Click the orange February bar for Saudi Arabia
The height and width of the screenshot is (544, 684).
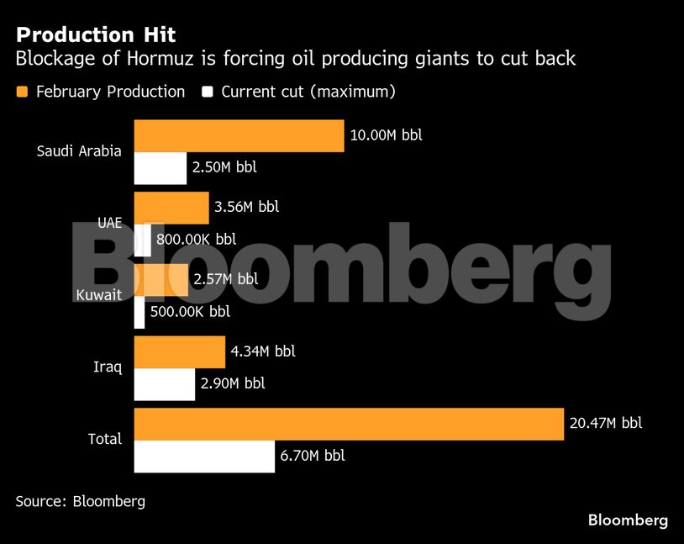[239, 135]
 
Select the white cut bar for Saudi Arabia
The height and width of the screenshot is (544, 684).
[160, 167]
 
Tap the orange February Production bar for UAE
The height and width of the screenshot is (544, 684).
[171, 208]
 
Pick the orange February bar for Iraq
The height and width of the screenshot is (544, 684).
[179, 351]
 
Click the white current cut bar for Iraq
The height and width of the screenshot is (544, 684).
[164, 384]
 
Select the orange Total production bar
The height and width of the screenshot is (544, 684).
[349, 424]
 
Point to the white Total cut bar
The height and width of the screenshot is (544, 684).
[204, 457]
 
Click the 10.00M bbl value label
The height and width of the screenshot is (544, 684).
[386, 135]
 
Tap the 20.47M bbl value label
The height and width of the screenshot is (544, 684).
[605, 423]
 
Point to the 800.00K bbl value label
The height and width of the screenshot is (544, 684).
[197, 239]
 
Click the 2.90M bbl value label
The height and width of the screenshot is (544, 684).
[233, 383]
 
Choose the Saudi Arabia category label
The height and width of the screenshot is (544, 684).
[79, 151]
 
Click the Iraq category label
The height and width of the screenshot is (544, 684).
[107, 367]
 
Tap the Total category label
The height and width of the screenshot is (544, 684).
[105, 439]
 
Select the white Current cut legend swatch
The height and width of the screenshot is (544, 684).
[208, 92]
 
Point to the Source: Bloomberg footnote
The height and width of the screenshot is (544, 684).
[80, 501]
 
